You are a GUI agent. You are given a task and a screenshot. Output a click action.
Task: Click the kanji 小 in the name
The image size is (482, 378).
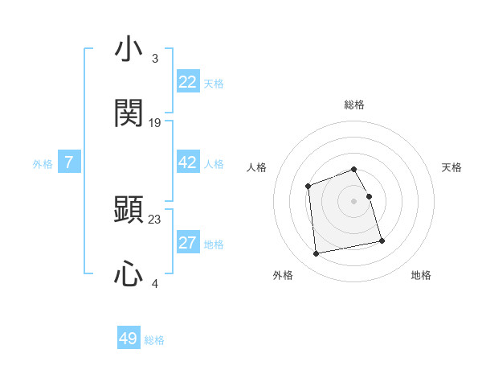(x=129, y=51)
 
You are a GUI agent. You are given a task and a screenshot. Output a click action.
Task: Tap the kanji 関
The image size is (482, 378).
(x=129, y=113)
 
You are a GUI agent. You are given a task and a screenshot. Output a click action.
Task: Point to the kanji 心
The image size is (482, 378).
(x=129, y=274)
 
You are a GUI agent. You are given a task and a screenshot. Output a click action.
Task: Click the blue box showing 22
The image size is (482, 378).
(x=188, y=82)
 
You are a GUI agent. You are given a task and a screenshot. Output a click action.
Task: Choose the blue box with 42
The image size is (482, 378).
(x=188, y=162)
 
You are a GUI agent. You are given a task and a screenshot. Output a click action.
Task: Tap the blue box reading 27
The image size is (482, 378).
(x=188, y=243)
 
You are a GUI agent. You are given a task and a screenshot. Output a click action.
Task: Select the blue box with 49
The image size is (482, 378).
(x=129, y=339)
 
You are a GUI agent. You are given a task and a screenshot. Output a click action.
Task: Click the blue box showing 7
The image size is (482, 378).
(x=69, y=162)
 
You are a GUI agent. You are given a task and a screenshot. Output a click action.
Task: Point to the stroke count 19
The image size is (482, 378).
(x=155, y=123)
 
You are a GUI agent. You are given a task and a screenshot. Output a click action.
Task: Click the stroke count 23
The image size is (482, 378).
(x=155, y=219)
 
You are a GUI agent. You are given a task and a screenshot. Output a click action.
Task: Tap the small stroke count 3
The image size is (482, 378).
(x=154, y=59)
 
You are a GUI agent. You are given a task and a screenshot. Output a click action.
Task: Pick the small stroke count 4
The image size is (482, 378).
(x=154, y=283)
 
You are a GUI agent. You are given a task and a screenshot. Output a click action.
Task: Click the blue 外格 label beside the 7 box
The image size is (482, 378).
(x=43, y=164)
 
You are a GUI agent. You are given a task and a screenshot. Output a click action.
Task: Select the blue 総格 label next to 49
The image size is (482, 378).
(x=154, y=340)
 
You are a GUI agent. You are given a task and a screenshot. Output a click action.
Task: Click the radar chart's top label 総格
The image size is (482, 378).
(x=354, y=105)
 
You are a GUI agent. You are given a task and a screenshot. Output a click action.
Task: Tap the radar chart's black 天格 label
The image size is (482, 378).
(x=451, y=167)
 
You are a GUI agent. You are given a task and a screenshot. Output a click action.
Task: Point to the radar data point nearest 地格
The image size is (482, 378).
(x=382, y=240)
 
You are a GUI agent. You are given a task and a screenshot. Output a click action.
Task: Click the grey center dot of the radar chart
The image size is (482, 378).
(x=353, y=201)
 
